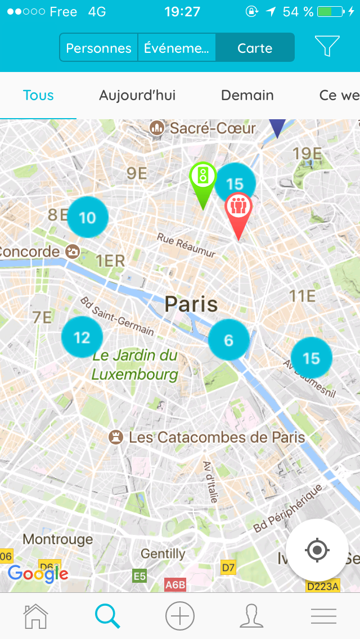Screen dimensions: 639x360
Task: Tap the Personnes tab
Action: [x=98, y=48]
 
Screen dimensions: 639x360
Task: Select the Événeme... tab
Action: [x=177, y=48]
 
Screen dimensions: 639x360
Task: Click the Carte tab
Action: [x=255, y=48]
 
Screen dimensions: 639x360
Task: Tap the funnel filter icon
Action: [x=327, y=47]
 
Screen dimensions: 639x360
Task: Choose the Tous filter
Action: [x=38, y=96]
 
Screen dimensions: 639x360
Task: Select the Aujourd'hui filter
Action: [x=137, y=96]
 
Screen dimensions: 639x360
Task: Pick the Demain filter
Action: [x=247, y=96]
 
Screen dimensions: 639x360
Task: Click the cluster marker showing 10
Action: [x=87, y=218]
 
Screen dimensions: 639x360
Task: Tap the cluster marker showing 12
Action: [x=82, y=337]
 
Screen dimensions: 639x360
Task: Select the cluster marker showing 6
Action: [x=228, y=340]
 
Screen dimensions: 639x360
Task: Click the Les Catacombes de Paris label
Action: [x=217, y=437]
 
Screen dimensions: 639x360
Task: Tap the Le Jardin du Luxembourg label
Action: [x=135, y=364]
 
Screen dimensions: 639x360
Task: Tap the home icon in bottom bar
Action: [x=36, y=616]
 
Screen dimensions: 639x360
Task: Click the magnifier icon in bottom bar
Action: [x=107, y=616]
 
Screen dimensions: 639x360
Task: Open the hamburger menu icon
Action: [x=323, y=616]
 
